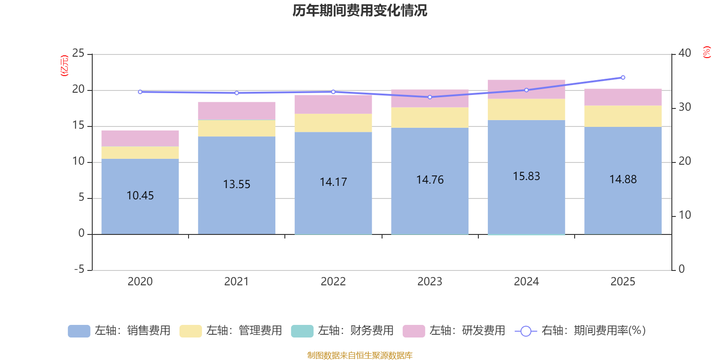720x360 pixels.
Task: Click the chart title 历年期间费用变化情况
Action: tap(360, 10)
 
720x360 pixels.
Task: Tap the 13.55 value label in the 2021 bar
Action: tap(237, 184)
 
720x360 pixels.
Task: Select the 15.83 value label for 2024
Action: tap(526, 176)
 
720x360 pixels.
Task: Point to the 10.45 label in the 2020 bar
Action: tap(140, 196)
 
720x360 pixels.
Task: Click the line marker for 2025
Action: tap(623, 78)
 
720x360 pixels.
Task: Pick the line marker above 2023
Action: tap(430, 97)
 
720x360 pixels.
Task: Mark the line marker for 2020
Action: tap(140, 92)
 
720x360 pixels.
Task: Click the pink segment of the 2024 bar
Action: tap(526, 89)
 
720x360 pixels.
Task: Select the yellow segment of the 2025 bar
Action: tap(623, 116)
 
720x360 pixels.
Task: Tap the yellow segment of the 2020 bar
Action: tap(140, 153)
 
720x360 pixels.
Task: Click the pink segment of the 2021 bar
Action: tap(237, 111)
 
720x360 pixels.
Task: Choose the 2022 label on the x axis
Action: tap(333, 282)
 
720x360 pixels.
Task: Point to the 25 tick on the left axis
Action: tap(78, 54)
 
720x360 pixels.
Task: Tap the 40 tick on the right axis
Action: tap(684, 54)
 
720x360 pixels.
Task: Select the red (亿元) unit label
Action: tap(65, 66)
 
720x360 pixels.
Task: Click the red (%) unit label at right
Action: tap(706, 52)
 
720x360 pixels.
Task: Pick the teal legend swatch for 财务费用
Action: tap(302, 331)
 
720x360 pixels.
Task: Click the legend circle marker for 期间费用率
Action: tap(526, 331)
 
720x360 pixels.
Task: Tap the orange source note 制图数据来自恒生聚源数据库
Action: tap(360, 355)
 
